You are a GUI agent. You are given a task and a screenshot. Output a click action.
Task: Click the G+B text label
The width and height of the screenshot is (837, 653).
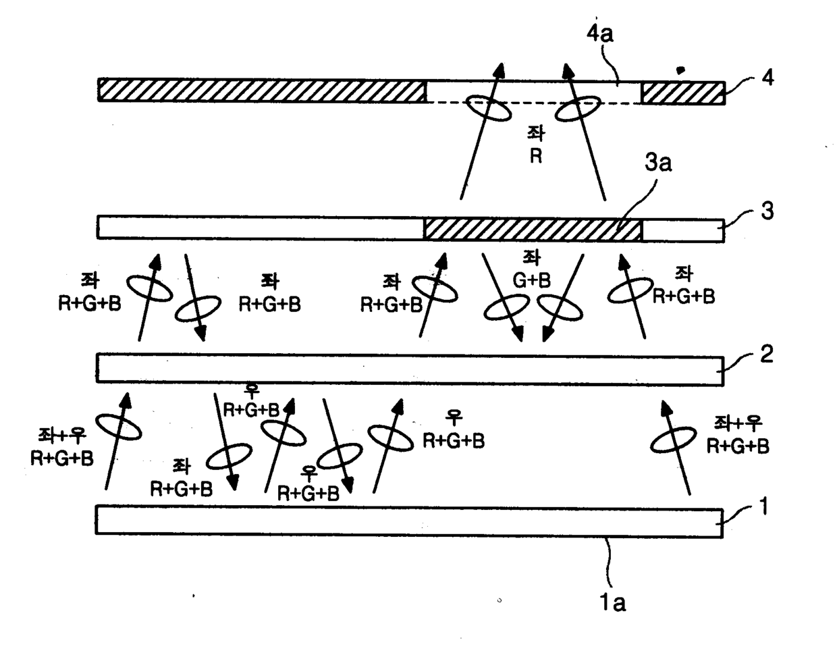pos(537,280)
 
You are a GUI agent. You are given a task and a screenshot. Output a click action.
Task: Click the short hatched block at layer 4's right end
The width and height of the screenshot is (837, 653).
pos(682,92)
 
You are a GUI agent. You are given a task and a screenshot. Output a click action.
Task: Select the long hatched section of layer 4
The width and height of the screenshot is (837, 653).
pos(261,90)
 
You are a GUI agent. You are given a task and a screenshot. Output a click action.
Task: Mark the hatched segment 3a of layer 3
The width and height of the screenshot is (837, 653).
pos(532,229)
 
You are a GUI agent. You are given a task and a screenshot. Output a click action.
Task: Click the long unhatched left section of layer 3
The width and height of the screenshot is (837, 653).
pos(260,228)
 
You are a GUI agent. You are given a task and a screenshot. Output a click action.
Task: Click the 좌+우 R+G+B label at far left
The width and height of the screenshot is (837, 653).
pos(62,448)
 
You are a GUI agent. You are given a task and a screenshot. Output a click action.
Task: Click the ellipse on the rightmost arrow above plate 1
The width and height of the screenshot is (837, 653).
pos(671,440)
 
